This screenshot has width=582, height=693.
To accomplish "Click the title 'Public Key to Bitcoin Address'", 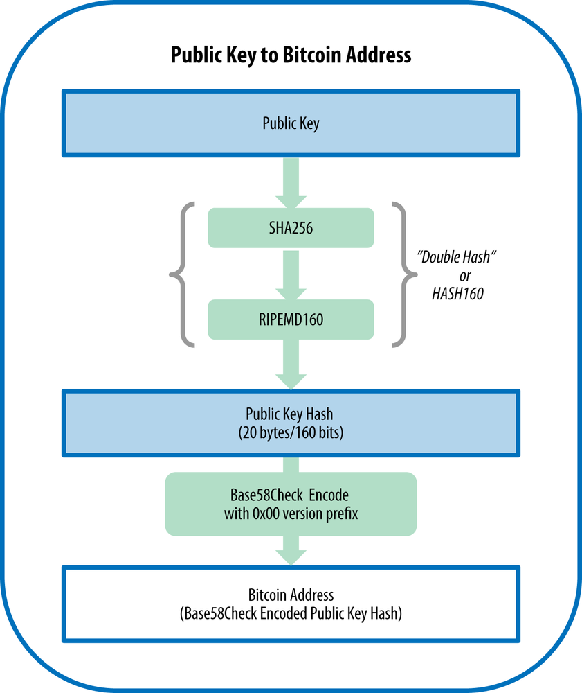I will (291, 55).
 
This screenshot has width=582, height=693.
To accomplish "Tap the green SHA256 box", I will (291, 227).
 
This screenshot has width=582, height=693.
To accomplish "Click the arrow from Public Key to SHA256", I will (291, 182).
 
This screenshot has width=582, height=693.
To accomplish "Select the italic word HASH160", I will (457, 294).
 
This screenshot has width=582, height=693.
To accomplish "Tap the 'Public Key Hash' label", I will (291, 414).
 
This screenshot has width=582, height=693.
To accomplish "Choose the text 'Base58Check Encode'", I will (291, 495).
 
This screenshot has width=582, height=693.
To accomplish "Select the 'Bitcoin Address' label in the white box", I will (291, 595).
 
